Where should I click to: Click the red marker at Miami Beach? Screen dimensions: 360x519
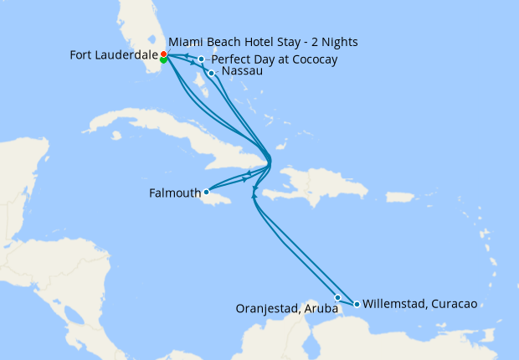point(163,54)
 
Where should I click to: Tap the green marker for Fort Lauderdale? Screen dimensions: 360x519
point(163,59)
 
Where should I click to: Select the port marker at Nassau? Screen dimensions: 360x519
point(211,73)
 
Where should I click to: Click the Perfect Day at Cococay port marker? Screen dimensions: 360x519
point(201,59)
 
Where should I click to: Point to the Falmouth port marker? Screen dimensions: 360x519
point(206,192)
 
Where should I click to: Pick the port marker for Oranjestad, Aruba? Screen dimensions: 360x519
point(337,297)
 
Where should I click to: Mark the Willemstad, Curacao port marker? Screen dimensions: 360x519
point(357,304)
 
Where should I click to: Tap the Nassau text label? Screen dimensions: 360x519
point(243,72)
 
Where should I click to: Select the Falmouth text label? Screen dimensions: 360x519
point(174,193)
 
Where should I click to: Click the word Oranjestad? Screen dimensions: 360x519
point(264,309)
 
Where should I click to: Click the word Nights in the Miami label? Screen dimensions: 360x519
point(348,42)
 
